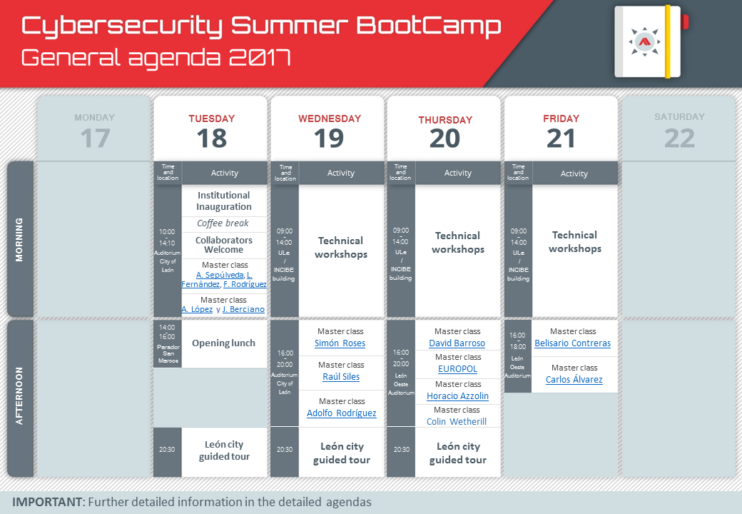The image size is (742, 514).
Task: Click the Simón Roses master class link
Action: [x=340, y=343]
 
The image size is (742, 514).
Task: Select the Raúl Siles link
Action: [x=341, y=377]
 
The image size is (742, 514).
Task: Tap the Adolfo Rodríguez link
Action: [x=341, y=413]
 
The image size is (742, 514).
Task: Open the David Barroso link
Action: [x=457, y=343]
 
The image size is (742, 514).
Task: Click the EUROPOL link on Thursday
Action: [x=457, y=368]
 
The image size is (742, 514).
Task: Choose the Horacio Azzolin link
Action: [x=457, y=395]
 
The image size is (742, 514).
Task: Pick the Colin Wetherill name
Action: [x=456, y=421]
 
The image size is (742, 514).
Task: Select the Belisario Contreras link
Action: [x=573, y=343]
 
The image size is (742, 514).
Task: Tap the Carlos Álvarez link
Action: [x=574, y=380]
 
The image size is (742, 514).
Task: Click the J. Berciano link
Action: [x=243, y=309]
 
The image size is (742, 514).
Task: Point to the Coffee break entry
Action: [x=223, y=223]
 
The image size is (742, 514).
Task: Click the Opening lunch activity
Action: [x=223, y=343]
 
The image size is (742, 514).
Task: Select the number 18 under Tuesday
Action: [x=211, y=138]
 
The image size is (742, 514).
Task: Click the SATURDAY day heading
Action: [x=679, y=117]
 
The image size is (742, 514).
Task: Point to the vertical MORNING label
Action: [x=19, y=239]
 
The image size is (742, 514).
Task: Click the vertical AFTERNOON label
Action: [x=19, y=395]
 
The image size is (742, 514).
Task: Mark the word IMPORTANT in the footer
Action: [x=47, y=502]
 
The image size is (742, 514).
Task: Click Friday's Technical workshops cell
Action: [x=575, y=241]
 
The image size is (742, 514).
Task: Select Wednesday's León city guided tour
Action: [x=341, y=453]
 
